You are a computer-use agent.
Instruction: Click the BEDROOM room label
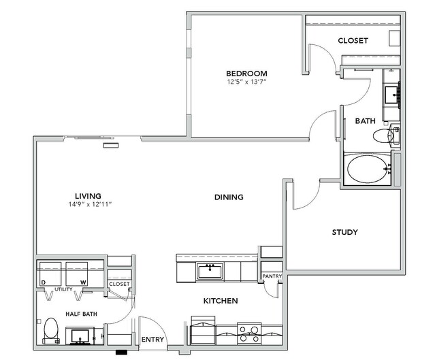pos(246,73)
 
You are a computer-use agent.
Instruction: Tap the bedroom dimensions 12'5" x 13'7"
pos(246,82)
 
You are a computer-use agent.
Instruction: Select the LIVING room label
pos(88,196)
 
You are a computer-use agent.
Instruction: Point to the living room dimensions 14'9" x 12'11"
pos(90,204)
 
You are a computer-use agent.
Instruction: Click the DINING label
pos(229,197)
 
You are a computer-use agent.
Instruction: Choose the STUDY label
pos(345,232)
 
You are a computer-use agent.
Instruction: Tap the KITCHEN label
pos(221,301)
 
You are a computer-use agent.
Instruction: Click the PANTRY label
pos(272,276)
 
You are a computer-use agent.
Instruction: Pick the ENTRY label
pos(152,340)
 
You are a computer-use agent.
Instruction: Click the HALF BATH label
pos(81,314)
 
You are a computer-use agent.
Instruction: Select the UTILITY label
pos(63,289)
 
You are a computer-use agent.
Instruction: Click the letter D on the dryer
pos(43,282)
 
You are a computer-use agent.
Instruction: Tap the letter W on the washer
pos(83,282)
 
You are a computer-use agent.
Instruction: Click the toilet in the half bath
pos(51,331)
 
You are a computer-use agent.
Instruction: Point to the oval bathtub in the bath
pos(368,169)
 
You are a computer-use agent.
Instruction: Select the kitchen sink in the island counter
pos(210,271)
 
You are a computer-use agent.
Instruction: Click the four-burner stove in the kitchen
pos(249,333)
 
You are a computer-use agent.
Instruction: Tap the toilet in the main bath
pos(386,136)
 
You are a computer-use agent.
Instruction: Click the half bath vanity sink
pos(80,336)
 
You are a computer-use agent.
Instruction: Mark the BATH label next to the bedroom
pos(365,121)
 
